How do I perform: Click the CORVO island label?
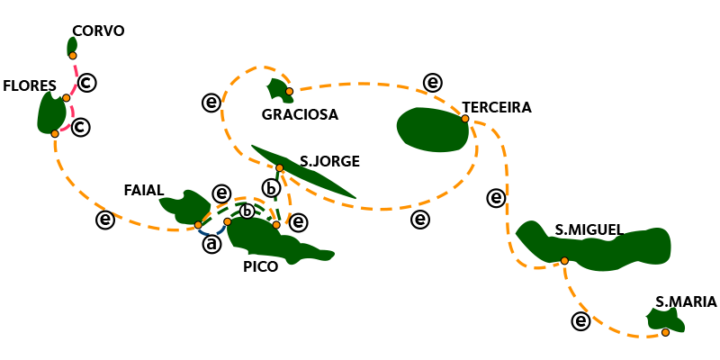tap(98, 31)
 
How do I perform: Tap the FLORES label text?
tap(30, 86)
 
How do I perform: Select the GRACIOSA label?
tap(300, 115)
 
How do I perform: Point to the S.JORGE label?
tap(329, 162)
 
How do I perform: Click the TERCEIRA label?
tap(497, 108)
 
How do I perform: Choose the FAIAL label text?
tap(144, 191)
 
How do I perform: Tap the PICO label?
tap(260, 266)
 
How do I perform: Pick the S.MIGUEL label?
tap(589, 230)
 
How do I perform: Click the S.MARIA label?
tap(686, 302)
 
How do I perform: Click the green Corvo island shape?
tap(71, 44)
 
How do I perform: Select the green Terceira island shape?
tap(432, 129)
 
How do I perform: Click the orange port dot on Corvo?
tap(73, 56)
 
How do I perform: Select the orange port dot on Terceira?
tap(465, 119)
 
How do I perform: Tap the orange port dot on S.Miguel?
tap(564, 261)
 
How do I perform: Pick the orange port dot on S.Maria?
tap(665, 332)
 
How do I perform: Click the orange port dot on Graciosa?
tap(289, 92)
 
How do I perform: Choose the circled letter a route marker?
tap(211, 244)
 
